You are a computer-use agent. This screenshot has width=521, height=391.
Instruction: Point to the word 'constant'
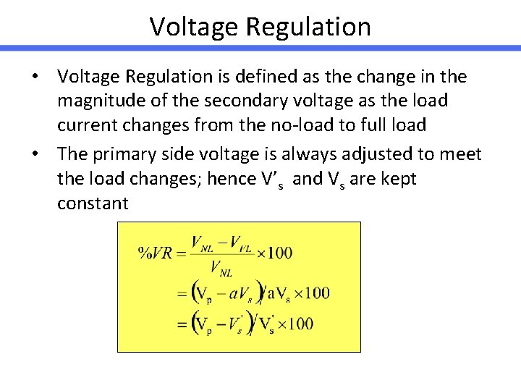point(93,203)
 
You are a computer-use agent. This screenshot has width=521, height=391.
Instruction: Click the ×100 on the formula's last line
point(293,323)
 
